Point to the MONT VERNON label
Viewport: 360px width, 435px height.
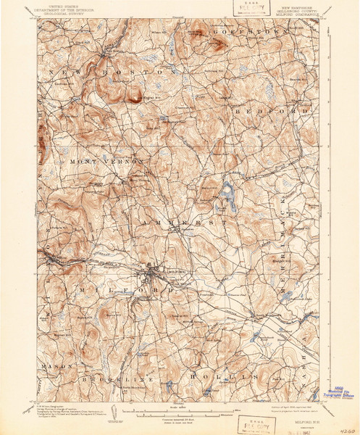[108, 162]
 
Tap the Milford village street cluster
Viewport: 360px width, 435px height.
[152, 274]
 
